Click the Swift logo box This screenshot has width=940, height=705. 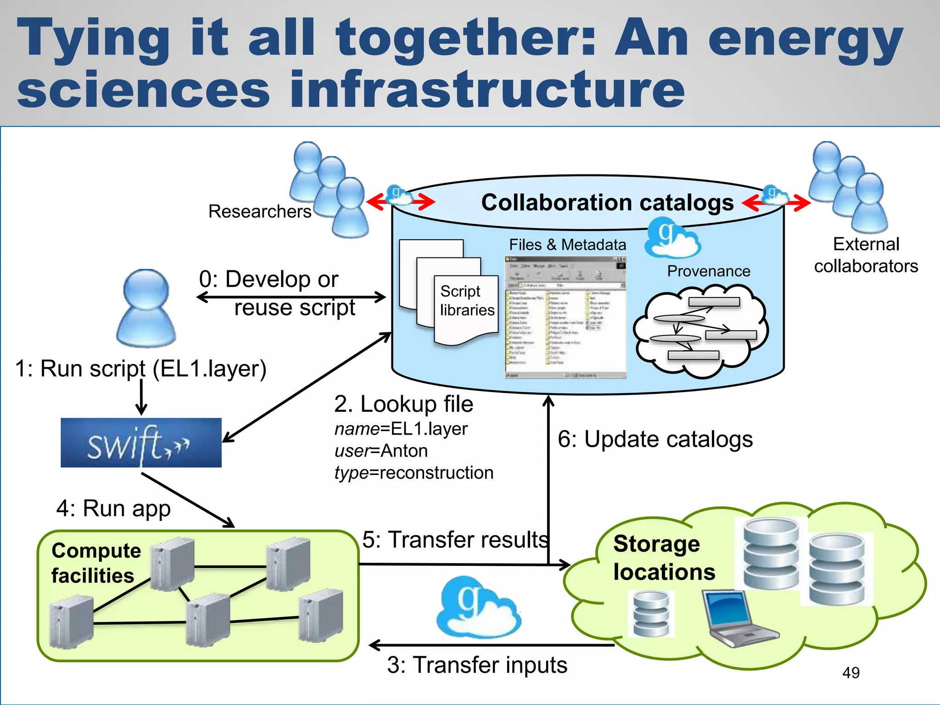141,442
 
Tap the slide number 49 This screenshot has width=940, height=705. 850,673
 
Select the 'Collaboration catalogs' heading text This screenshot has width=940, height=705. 607,202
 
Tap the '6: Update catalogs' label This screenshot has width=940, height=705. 655,439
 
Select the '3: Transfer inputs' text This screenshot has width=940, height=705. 477,665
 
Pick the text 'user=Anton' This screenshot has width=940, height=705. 381,451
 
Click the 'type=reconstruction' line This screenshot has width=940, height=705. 414,473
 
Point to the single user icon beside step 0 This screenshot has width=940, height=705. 146,308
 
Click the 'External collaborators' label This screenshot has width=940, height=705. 866,255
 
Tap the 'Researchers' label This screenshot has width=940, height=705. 260,212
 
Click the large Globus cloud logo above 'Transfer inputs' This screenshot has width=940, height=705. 478,608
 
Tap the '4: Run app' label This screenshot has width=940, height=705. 113,509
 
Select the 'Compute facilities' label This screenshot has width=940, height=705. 96,563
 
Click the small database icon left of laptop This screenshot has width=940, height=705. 651,613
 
